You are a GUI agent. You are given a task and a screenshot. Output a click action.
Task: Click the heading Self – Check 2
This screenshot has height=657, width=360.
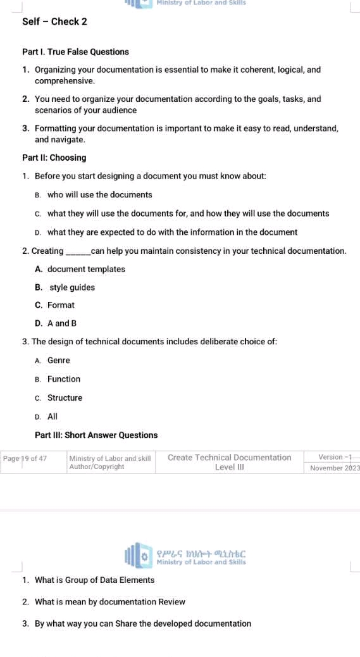pos(54,22)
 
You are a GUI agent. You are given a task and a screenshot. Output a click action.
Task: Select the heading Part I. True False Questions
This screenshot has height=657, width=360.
pos(75,52)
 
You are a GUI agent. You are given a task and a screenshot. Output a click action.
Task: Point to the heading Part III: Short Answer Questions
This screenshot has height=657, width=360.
pos(96,435)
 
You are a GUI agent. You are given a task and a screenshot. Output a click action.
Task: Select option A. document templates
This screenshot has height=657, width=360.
pos(80,269)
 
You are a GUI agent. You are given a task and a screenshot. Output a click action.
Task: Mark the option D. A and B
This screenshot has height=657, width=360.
pos(56,323)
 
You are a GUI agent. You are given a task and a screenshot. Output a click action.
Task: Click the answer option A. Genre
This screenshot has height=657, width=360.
pos(53,360)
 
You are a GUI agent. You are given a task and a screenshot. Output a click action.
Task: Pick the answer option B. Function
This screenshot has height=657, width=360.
pos(58,379)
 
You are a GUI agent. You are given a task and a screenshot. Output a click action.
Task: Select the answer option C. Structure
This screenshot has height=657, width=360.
pos(59,397)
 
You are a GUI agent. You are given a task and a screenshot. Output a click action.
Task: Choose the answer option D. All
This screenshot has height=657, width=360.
pos(47,416)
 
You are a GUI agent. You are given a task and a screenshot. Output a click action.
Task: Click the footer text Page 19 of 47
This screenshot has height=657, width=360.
pos(25,458)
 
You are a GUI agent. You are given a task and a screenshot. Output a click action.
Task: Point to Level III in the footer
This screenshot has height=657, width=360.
pos(229,468)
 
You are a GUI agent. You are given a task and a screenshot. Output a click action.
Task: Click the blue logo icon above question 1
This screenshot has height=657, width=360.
pos(139,556)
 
